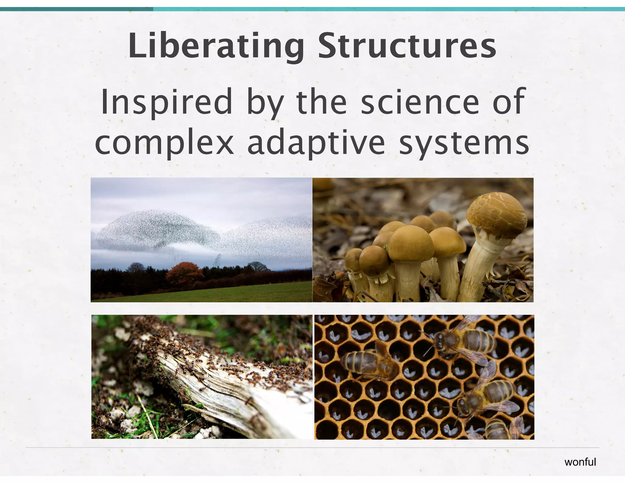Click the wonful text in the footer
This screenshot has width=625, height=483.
[580, 462]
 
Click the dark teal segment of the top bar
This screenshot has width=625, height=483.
[76, 9]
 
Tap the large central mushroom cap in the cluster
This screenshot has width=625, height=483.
[410, 243]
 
